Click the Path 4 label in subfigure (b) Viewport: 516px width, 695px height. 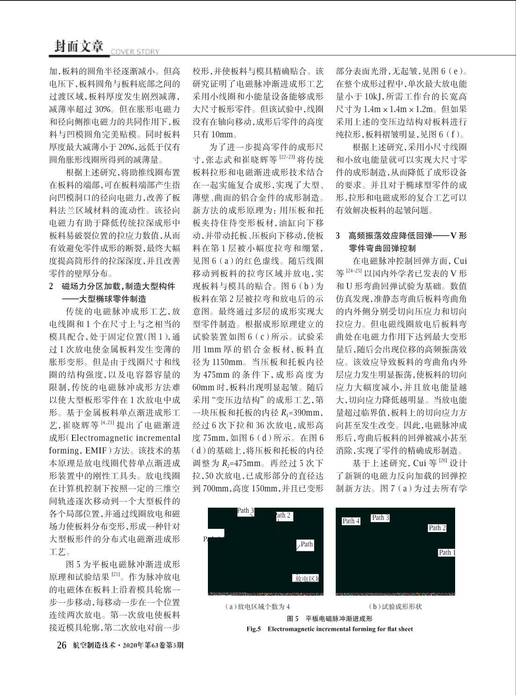pyautogui.click(x=351, y=521)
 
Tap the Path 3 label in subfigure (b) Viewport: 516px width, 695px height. pyautogui.click(x=380, y=518)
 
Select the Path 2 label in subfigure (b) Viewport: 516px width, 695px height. pyautogui.click(x=437, y=528)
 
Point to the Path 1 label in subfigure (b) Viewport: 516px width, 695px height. pyautogui.click(x=447, y=553)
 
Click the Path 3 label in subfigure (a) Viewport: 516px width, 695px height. pyautogui.click(x=245, y=510)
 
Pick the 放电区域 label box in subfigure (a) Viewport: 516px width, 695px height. pyautogui.click(x=307, y=579)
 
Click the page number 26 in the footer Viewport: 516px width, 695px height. pyautogui.click(x=62, y=645)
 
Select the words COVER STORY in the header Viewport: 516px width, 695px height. pyautogui.click(x=135, y=52)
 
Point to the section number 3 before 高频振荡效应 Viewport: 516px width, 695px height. pyautogui.click(x=339, y=236)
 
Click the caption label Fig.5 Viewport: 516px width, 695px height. pyautogui.click(x=253, y=629)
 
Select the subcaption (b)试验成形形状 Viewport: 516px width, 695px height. pyautogui.click(x=395, y=606)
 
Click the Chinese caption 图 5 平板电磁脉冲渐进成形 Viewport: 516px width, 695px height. pyautogui.click(x=330, y=618)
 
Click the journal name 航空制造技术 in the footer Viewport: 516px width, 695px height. pyautogui.click(x=94, y=645)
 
